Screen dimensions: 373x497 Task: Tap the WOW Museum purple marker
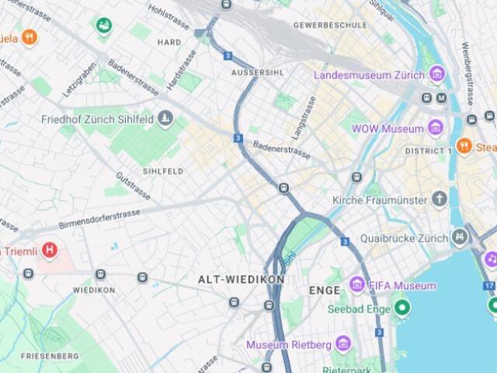coord(436,128)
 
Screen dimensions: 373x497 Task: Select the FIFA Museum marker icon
coord(357,285)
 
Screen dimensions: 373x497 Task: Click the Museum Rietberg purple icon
coord(342,343)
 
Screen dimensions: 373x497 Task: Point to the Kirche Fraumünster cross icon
coord(440,199)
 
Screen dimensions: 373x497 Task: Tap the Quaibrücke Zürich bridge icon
coord(461,237)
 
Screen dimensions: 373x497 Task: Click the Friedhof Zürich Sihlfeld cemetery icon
coord(165,119)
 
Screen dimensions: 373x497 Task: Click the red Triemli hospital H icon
coord(50,251)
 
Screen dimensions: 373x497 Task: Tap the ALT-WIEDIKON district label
coord(241,279)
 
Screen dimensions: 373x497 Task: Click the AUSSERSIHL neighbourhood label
coord(258,72)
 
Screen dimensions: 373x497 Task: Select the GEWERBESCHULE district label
coord(330,25)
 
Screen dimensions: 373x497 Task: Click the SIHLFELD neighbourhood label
coord(163,170)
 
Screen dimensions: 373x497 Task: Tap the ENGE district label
coord(325,291)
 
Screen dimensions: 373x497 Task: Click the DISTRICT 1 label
coord(429,150)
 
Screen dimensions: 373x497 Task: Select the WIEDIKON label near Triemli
coord(94,290)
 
